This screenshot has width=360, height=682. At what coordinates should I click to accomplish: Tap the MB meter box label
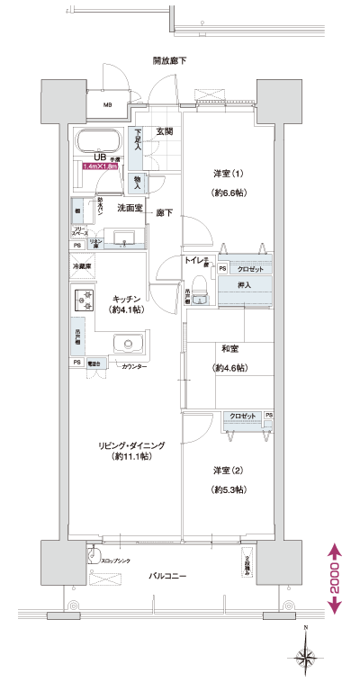point(107,105)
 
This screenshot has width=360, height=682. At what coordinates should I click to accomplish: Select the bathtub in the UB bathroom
point(101,141)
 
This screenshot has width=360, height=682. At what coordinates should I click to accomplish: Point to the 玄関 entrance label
point(164,132)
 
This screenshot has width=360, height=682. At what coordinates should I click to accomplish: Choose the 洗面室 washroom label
point(132,208)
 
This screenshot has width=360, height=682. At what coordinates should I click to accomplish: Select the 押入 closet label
point(244,285)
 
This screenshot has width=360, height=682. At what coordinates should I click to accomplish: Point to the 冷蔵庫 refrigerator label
point(82,267)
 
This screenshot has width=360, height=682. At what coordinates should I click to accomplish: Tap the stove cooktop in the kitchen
point(84,299)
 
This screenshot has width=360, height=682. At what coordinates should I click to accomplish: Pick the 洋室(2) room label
point(227,471)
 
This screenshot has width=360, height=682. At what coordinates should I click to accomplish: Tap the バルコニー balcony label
point(166,575)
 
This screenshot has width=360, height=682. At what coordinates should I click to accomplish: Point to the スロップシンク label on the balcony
point(114,561)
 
